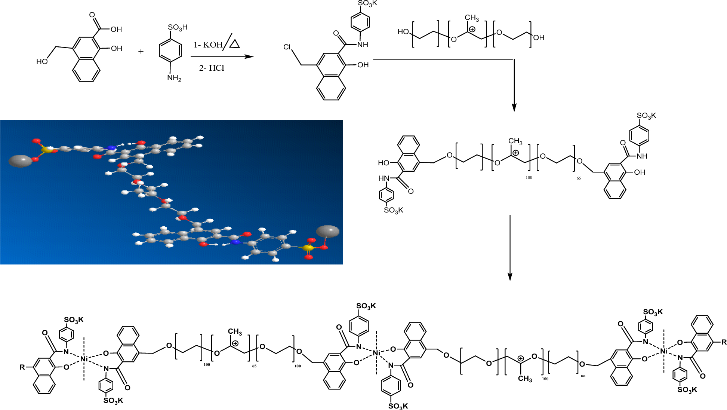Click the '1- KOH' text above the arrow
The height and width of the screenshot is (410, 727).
tap(208, 45)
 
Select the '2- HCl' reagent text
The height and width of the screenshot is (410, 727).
tap(212, 68)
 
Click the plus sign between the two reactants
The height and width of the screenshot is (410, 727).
tap(141, 51)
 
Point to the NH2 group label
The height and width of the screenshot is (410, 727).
tap(174, 78)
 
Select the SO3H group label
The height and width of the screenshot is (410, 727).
tap(178, 27)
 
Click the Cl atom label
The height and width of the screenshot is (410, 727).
tap(287, 47)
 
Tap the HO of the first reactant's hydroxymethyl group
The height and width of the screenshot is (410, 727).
tap(42, 61)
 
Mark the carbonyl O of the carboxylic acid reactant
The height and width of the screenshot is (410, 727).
tap(92, 15)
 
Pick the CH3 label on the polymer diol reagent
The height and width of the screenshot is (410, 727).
tap(472, 18)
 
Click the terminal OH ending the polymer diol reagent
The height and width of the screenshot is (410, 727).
tap(539, 37)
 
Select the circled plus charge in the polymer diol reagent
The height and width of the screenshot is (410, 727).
tap(472, 29)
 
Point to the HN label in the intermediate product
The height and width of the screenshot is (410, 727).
tap(384, 178)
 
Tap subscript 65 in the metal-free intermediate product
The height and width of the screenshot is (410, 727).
tap(579, 178)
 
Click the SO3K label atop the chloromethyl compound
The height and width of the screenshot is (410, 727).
tap(368, 3)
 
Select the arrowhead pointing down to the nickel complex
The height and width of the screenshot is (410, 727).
tap(510, 277)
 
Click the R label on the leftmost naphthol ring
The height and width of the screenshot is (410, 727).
tap(22, 367)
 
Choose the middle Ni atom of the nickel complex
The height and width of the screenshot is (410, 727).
tap(376, 353)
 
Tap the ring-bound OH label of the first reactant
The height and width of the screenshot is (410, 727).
tap(116, 48)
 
